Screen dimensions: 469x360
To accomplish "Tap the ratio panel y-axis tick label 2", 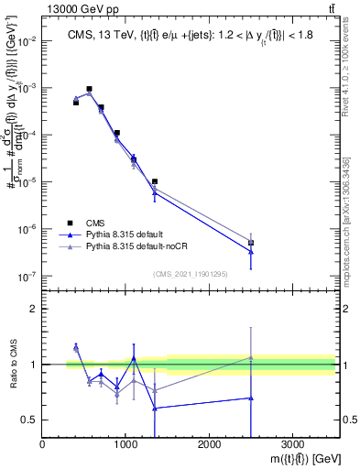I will pyautogui.click(x=34, y=309).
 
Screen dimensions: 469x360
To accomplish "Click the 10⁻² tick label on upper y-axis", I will pyautogui.click(x=27, y=41).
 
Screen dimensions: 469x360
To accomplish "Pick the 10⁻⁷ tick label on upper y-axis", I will pyautogui.click(x=27, y=276).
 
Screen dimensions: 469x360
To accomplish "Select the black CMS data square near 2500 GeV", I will pyautogui.click(x=251, y=243).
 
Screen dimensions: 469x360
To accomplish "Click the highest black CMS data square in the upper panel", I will pyautogui.click(x=89, y=89).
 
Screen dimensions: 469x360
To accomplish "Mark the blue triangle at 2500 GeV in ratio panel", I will pyautogui.click(x=251, y=398).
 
